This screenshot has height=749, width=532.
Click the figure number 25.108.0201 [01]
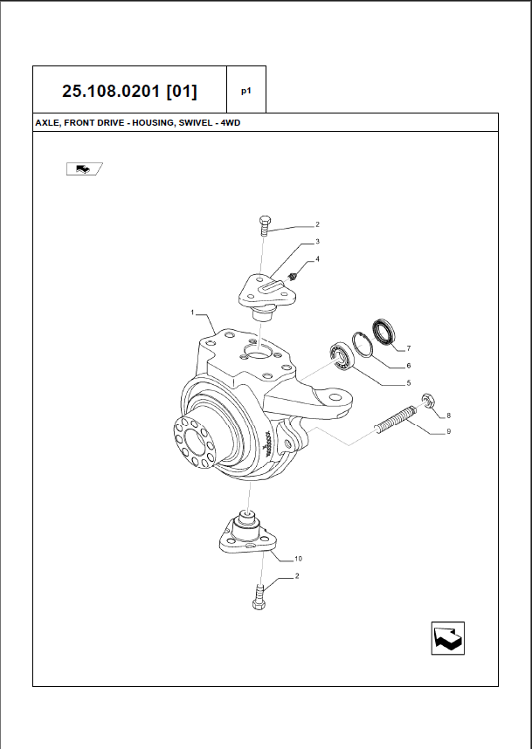(129, 91)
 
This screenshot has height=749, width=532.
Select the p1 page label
(246, 91)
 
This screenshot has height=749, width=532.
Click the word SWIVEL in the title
(196, 123)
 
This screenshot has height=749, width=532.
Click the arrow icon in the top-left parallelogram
(84, 168)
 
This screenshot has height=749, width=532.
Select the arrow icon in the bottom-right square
(448, 638)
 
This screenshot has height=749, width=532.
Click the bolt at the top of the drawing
(265, 225)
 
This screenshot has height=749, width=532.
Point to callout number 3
(317, 242)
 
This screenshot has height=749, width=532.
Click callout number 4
(317, 259)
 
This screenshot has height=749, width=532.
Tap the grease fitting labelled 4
(294, 277)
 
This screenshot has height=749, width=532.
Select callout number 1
(193, 313)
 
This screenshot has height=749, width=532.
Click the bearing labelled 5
(342, 356)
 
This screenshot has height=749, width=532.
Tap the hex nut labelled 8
(427, 401)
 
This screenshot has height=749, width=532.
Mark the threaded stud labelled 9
(397, 420)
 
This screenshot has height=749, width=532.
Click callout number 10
(298, 559)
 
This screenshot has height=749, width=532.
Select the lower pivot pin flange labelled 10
(249, 533)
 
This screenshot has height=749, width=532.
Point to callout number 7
(409, 348)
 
